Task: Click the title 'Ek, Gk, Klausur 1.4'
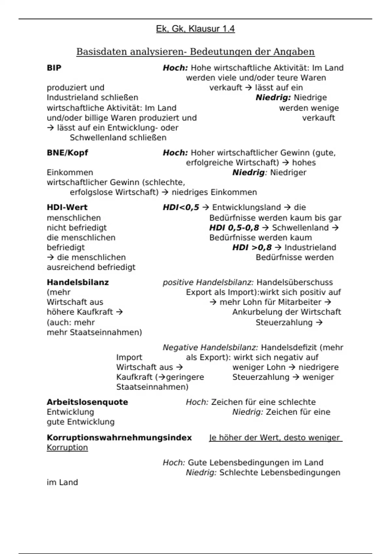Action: point(195,29)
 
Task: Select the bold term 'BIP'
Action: point(54,68)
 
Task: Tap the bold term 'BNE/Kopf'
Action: point(67,153)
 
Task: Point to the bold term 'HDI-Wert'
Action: point(67,207)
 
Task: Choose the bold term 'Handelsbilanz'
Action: point(78,282)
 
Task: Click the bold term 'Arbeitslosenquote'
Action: point(87,402)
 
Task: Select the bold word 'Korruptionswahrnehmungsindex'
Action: point(119,438)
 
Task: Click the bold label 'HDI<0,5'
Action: point(181,207)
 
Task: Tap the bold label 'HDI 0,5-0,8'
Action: point(234,228)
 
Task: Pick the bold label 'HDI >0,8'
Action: point(252,247)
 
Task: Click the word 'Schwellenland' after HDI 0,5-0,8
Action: point(300,228)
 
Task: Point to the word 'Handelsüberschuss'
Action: point(295,282)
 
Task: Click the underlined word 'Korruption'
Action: point(67,447)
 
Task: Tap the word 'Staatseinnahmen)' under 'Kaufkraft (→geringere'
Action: point(152,387)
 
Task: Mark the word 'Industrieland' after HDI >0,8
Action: point(310,247)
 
